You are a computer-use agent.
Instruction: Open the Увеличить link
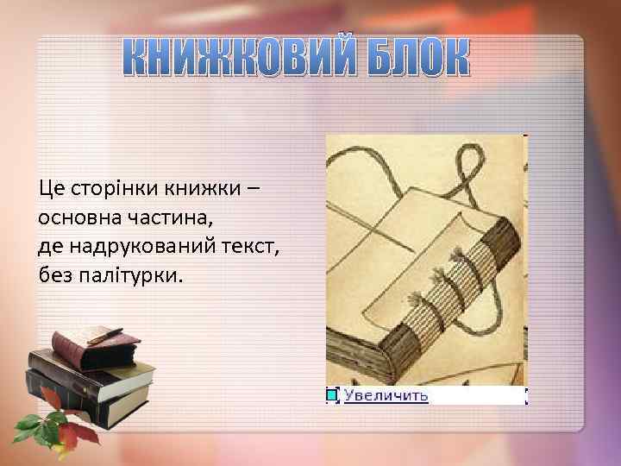pos(386,395)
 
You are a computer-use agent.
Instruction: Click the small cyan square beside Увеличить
pos(332,395)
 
